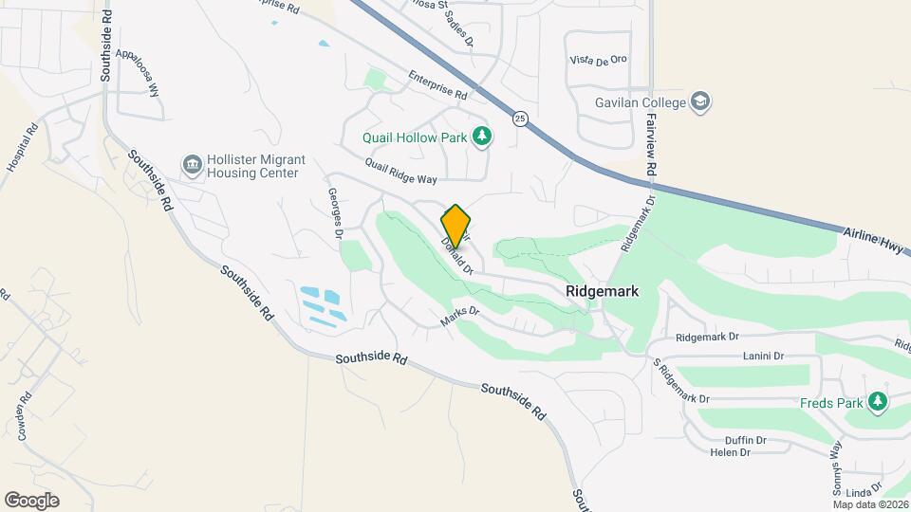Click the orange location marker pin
pos(455,226)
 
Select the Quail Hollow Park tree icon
pos(483,137)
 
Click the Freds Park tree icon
pos(879,402)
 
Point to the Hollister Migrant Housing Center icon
pos(193,166)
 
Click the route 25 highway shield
pos(519,118)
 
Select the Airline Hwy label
pos(875,240)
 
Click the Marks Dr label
pos(460,317)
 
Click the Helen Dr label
pos(730,452)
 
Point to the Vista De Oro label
pos(599,59)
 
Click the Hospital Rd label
pos(21,147)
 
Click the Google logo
pos(31,501)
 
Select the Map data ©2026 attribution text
pos(869,504)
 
